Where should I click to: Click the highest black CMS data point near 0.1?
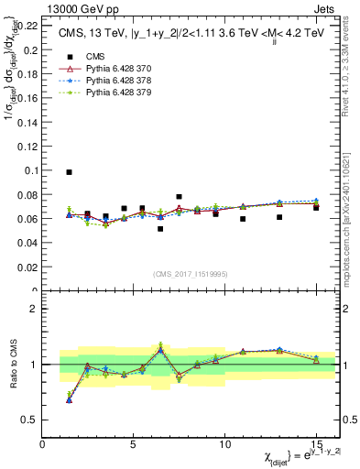click(x=70, y=172)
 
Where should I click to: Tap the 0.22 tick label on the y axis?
click(x=27, y=26)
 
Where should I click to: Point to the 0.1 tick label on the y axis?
click(x=29, y=170)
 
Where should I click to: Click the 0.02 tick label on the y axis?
click(x=27, y=267)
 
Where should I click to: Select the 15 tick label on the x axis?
click(x=315, y=443)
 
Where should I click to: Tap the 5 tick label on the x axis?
click(x=134, y=443)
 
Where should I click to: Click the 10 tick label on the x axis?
click(x=224, y=443)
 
